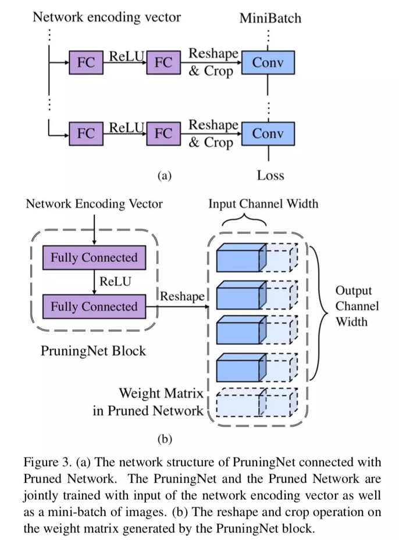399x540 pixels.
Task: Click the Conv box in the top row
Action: pyautogui.click(x=268, y=63)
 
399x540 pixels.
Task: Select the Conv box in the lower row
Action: pyautogui.click(x=268, y=133)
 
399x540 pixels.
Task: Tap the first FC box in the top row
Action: pyautogui.click(x=86, y=63)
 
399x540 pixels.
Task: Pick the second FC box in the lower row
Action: pyautogui.click(x=163, y=133)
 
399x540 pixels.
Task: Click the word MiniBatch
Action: pyautogui.click(x=270, y=18)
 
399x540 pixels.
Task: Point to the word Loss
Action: pyautogui.click(x=270, y=175)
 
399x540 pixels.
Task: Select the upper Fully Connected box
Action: pyautogui.click(x=94, y=258)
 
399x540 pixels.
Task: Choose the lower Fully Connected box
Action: pyautogui.click(x=94, y=306)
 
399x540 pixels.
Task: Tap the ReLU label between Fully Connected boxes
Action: pyautogui.click(x=116, y=282)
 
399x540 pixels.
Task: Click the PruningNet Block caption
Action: pyautogui.click(x=93, y=351)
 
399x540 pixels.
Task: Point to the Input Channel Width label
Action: pyautogui.click(x=263, y=204)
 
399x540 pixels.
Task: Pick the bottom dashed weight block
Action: pyautogui.click(x=256, y=402)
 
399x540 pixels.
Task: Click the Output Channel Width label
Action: pyautogui.click(x=357, y=305)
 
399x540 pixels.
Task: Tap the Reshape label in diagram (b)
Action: pyautogui.click(x=182, y=296)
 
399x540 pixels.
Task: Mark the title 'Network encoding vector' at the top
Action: pyautogui.click(x=106, y=17)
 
